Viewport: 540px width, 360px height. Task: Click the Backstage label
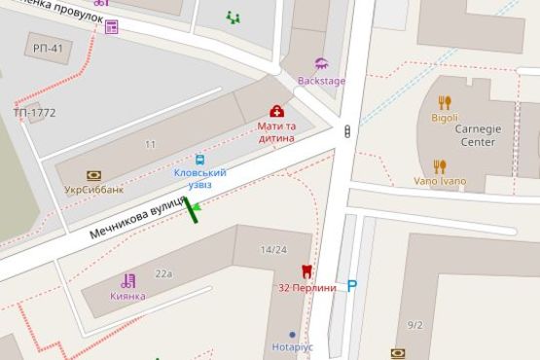tap(321, 81)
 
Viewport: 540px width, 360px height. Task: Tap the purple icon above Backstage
tap(322, 63)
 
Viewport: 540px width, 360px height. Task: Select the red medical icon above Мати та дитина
tap(276, 111)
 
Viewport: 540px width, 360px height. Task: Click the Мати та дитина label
tap(277, 132)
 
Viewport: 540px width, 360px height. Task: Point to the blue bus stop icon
tap(199, 159)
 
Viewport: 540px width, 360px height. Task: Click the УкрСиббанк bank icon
tap(93, 176)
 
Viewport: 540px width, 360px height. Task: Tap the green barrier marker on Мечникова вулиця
tap(193, 210)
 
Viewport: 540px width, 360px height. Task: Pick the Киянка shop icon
tap(127, 280)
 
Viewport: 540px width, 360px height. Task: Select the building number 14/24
tap(273, 250)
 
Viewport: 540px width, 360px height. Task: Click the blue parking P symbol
tap(352, 286)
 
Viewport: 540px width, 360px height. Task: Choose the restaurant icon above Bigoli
tap(445, 101)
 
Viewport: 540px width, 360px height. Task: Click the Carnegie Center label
tap(478, 135)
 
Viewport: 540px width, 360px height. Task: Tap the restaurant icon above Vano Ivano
tap(440, 166)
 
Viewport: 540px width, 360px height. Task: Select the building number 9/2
tap(415, 324)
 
